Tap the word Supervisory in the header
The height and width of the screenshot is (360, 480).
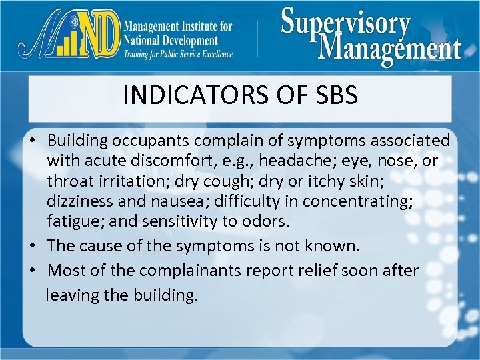coord(345,24)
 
